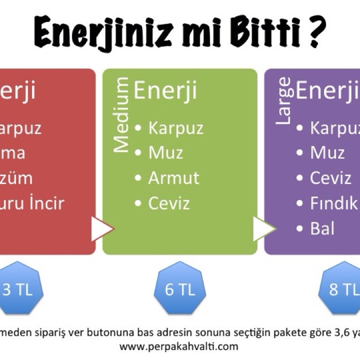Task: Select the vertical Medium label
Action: click(x=121, y=116)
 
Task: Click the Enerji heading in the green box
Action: click(x=165, y=91)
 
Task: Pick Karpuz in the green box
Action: click(x=175, y=128)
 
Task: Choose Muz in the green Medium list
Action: click(x=165, y=153)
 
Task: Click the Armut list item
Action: click(x=174, y=178)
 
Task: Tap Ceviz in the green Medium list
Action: click(x=169, y=203)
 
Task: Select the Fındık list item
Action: click(x=334, y=203)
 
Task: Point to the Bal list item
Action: click(x=322, y=228)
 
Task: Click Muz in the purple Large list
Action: click(x=327, y=153)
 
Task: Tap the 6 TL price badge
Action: click(x=179, y=289)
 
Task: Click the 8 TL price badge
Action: click(x=342, y=289)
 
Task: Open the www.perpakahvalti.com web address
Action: click(x=179, y=345)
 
